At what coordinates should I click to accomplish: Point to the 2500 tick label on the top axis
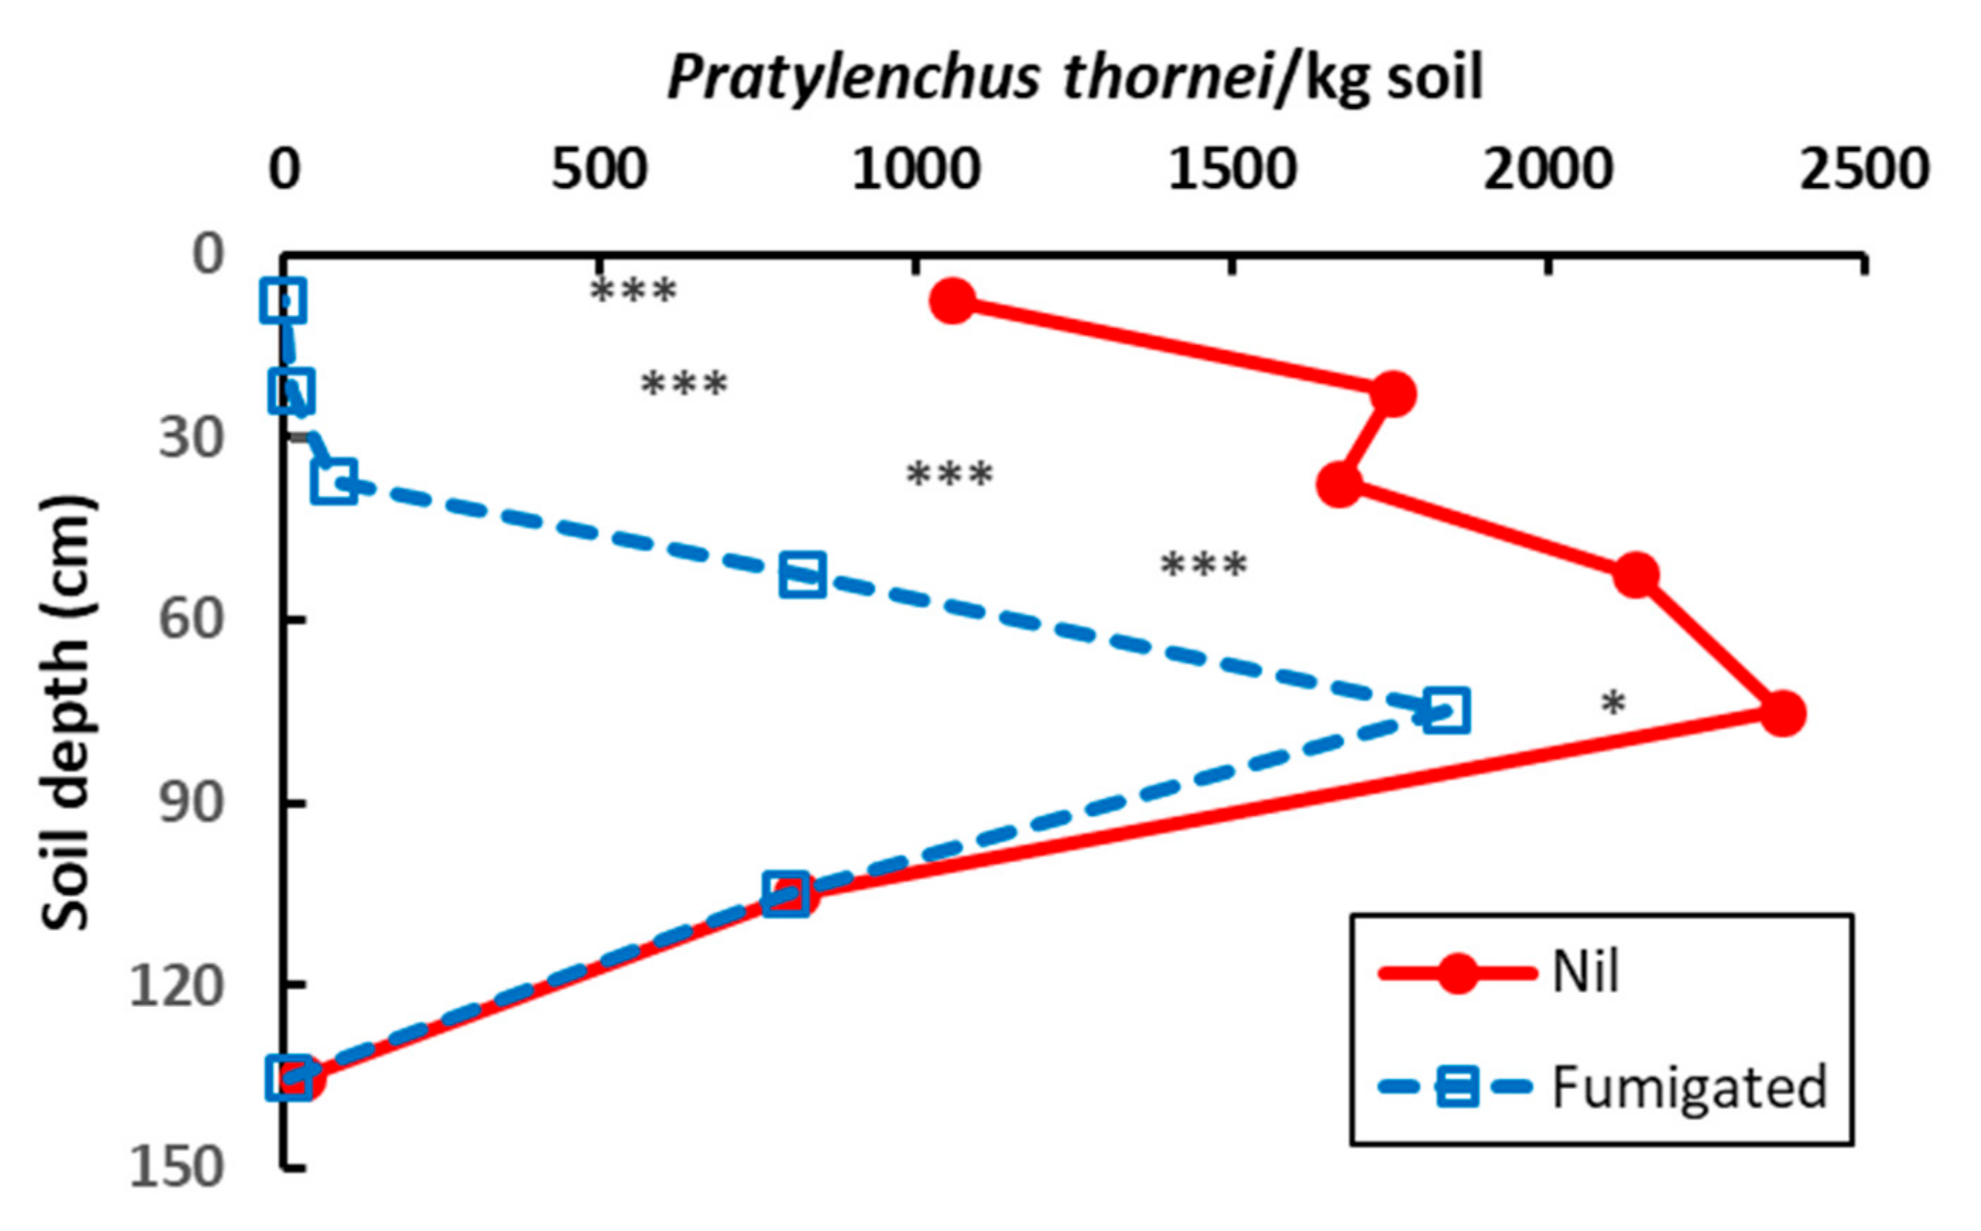1864,171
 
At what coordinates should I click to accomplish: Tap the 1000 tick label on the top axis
915,171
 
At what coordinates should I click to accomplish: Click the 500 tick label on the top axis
599,171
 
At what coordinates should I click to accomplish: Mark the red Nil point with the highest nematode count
1783,714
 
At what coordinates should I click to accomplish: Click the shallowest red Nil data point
953,302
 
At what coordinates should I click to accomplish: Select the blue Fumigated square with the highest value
1446,710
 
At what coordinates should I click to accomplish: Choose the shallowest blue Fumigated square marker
283,300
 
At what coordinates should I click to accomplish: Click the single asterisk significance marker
1613,703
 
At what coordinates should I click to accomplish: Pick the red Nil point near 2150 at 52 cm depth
1636,575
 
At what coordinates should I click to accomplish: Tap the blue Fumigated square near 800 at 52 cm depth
802,575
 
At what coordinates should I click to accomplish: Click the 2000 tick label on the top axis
1547,171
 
